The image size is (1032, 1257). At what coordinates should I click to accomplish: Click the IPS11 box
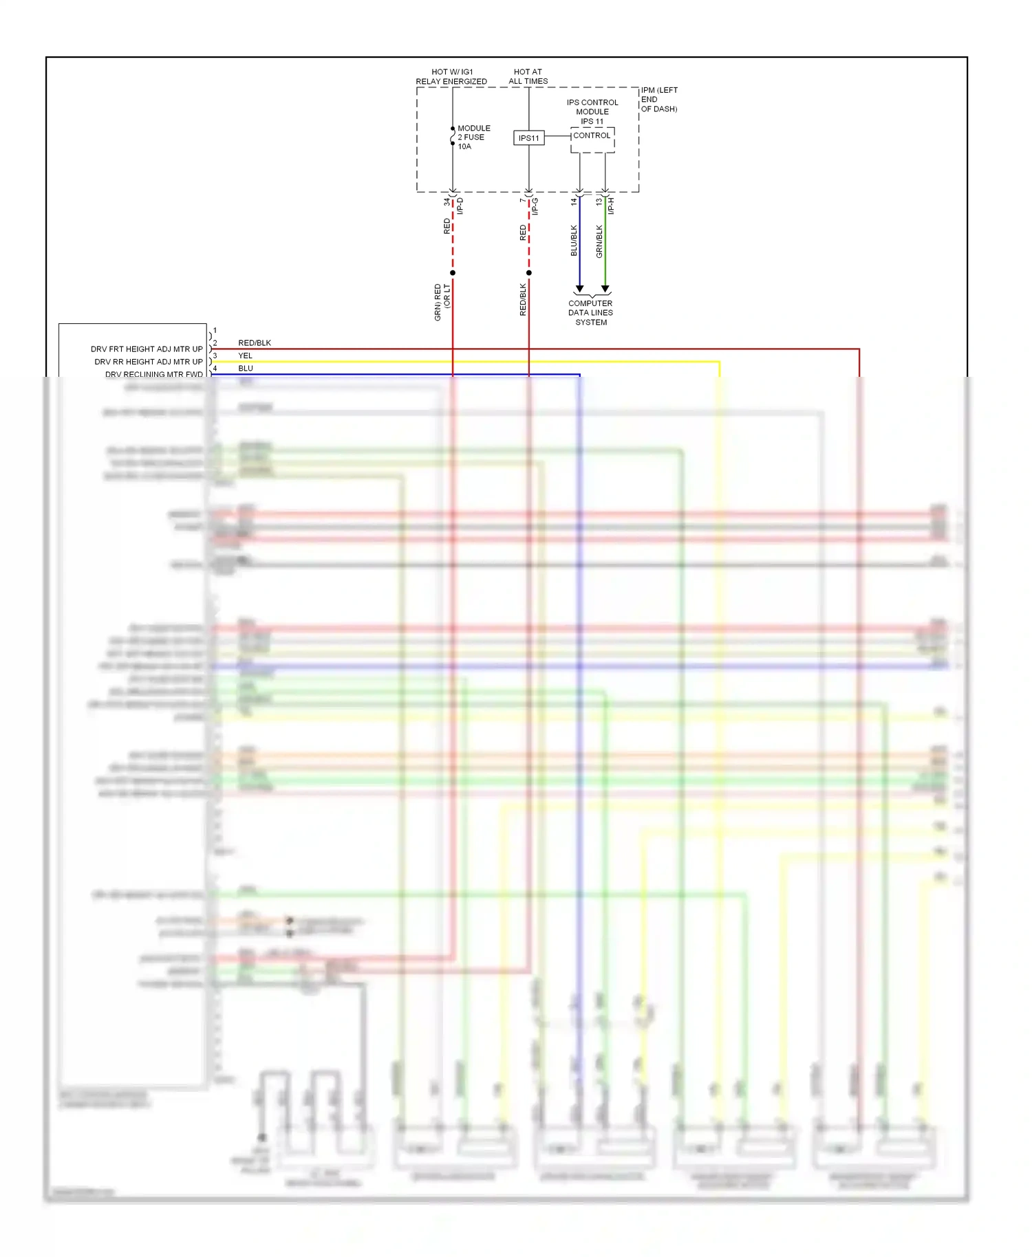click(528, 138)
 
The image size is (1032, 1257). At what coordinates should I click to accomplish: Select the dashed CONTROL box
click(592, 140)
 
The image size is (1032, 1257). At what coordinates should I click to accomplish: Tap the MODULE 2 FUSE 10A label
click(474, 138)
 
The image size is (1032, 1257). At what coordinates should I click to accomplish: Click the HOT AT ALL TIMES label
click(528, 76)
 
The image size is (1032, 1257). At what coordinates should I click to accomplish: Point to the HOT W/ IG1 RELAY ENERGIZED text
click(451, 76)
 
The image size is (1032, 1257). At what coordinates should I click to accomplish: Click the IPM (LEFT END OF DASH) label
click(659, 100)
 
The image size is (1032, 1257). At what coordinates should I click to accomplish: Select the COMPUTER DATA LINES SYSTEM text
click(590, 313)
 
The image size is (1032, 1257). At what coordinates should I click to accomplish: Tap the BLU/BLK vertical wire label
click(574, 241)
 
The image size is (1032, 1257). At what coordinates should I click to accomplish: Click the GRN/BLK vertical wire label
click(599, 241)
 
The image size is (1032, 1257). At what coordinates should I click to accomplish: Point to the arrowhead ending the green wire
click(605, 289)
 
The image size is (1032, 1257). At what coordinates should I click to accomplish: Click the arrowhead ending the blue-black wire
click(579, 289)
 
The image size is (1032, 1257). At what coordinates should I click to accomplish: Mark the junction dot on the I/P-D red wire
click(453, 273)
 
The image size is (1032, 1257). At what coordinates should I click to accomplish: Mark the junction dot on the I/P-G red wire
click(528, 273)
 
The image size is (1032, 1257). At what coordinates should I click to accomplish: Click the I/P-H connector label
click(611, 206)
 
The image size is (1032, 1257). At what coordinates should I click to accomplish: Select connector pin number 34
click(447, 202)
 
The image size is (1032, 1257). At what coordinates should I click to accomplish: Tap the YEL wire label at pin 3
click(245, 356)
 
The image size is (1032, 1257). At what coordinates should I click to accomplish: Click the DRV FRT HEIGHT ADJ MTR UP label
click(147, 349)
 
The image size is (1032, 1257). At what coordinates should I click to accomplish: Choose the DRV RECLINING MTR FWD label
click(154, 375)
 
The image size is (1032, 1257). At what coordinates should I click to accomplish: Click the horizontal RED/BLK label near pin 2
click(255, 342)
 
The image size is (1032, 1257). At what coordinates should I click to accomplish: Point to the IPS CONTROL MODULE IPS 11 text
click(592, 111)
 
